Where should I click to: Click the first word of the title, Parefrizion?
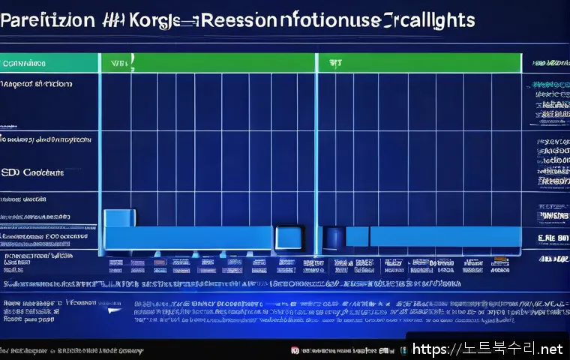46,20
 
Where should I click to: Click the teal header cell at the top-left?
49,64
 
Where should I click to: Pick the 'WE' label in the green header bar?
118,63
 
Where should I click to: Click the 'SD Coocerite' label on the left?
33,172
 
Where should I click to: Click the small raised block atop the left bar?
118,218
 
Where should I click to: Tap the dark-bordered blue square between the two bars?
289,237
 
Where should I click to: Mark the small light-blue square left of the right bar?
357,236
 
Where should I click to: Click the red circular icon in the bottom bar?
295,350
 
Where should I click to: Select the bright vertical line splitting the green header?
316,63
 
